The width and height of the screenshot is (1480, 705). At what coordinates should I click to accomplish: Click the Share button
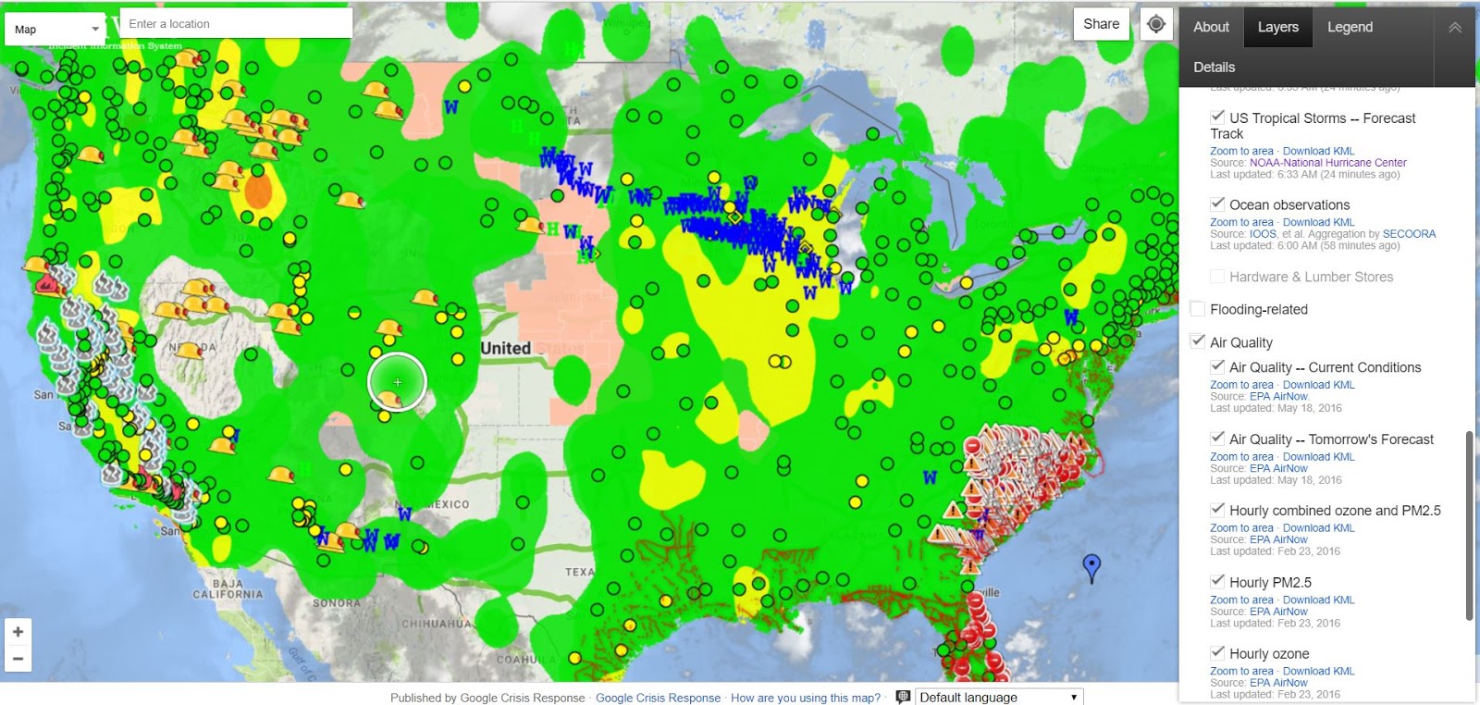click(1101, 24)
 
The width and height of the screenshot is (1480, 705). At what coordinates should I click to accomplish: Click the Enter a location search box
click(236, 24)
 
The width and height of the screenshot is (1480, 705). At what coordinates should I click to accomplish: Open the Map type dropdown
click(55, 29)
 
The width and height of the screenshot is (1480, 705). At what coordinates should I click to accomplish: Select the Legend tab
click(1350, 27)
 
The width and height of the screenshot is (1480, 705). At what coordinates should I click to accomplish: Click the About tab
click(1211, 27)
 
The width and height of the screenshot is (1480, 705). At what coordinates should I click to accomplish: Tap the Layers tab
click(1277, 27)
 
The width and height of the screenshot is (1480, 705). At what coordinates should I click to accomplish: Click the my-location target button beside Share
click(1156, 24)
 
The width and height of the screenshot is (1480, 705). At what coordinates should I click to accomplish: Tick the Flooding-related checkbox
click(1198, 309)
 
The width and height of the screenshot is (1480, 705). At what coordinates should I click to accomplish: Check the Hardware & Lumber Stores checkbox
click(1217, 277)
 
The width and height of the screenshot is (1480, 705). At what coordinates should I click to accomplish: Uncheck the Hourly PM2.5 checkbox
click(1217, 581)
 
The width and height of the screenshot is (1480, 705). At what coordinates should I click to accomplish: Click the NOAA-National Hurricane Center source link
click(1327, 163)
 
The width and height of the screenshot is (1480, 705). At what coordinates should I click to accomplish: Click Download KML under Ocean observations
click(1318, 222)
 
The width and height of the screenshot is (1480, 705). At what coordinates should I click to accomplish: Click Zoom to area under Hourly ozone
click(1241, 671)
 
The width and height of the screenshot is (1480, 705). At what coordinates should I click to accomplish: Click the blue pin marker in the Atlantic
click(1091, 564)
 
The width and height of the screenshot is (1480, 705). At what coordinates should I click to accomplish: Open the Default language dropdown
click(997, 697)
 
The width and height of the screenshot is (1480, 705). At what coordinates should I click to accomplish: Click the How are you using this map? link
click(805, 698)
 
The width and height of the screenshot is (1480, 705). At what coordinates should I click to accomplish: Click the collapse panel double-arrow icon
click(1454, 28)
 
